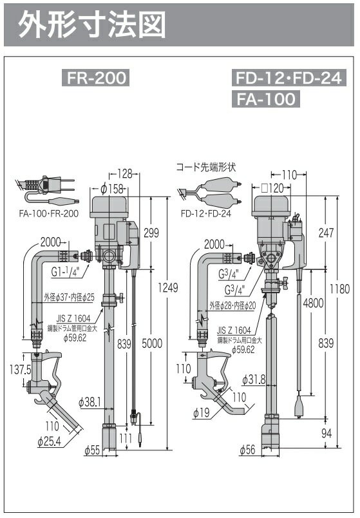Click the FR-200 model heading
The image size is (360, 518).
point(95,77)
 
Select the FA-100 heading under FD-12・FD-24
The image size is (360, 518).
point(266,99)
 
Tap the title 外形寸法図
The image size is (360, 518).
point(91,25)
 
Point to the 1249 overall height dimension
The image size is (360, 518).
point(168,287)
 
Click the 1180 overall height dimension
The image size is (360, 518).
point(339,289)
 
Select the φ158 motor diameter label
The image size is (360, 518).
point(111,189)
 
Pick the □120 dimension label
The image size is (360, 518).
point(272,188)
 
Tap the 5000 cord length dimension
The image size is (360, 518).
point(152,343)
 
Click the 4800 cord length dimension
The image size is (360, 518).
point(313,303)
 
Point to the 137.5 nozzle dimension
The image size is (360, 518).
point(21,369)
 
